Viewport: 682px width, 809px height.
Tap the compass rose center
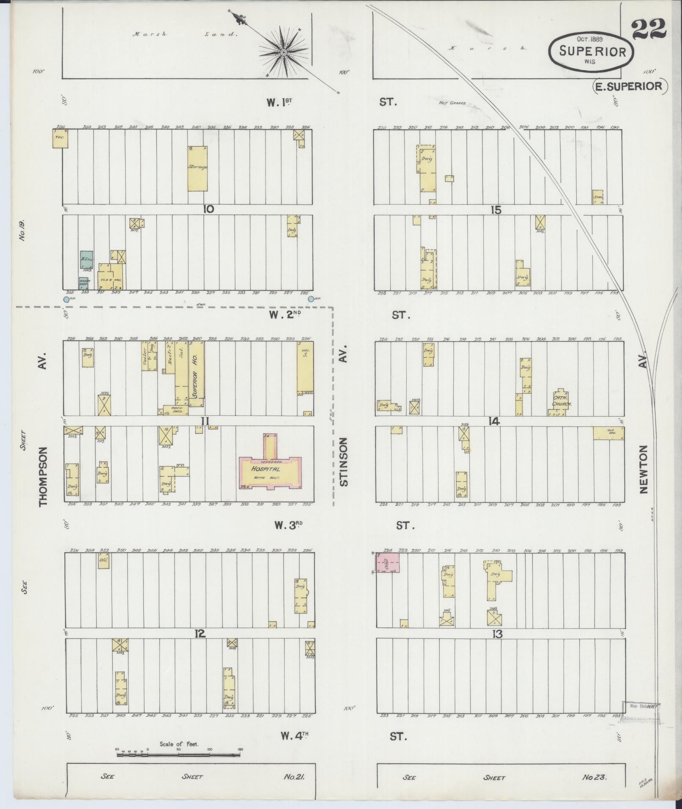click(x=283, y=52)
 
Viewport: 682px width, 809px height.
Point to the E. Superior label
click(x=629, y=86)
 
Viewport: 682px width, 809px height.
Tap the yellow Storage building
click(x=197, y=168)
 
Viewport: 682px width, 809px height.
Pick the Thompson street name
click(x=43, y=477)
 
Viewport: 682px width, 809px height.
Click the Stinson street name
click(x=343, y=462)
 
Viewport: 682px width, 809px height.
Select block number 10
click(x=208, y=209)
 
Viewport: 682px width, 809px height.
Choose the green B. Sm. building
click(x=87, y=260)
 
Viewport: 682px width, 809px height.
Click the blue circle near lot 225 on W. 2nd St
click(x=311, y=299)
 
